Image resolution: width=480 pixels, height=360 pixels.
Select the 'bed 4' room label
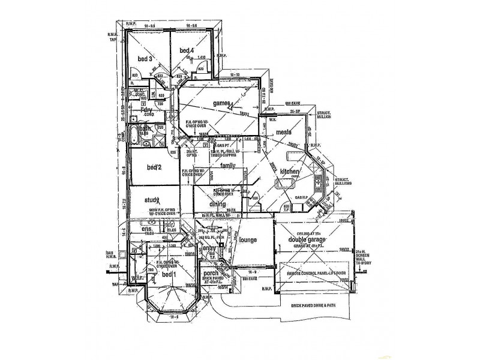click(x=187, y=50)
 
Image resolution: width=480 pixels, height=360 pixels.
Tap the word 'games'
click(x=221, y=103)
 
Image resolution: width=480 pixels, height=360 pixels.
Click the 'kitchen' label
click(x=290, y=172)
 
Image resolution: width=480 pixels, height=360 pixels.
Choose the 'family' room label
click(x=228, y=165)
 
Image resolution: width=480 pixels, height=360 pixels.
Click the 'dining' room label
click(x=217, y=204)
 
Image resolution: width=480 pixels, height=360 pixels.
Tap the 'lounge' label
click(x=248, y=240)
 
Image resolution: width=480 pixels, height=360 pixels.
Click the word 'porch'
click(x=211, y=273)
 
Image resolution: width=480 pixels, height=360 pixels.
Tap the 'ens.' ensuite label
click(x=147, y=230)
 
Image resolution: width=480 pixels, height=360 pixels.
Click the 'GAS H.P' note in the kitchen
click(x=302, y=196)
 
